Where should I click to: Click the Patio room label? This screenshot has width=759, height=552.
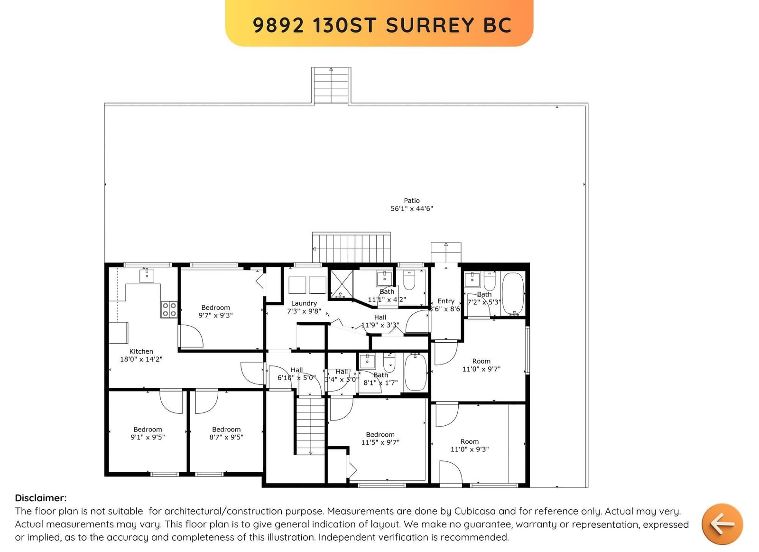pos(412,201)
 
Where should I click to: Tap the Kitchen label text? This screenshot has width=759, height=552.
pos(141,352)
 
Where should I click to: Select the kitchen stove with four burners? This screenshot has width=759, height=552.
pos(169,309)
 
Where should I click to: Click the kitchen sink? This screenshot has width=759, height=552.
pos(147,275)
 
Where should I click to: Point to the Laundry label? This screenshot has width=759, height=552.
pos(304,303)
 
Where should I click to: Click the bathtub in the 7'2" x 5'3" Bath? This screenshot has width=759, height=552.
pos(513,294)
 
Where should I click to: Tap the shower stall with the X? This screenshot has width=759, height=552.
pos(342,284)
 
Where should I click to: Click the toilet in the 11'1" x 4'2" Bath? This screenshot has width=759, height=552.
pos(409,280)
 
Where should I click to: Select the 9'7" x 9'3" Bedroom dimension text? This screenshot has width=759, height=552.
pos(215,315)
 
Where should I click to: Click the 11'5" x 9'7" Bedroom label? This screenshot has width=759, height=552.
pos(380,439)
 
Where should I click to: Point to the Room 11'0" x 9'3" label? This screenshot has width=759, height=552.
pos(470,446)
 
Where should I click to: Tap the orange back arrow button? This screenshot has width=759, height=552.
pos(722,524)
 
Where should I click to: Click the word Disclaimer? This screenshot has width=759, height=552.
pos(41,498)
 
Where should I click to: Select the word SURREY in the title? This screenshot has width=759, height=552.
pos(430,25)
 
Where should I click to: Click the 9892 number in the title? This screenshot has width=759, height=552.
pos(278,25)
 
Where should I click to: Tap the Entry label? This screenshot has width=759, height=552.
pos(446,301)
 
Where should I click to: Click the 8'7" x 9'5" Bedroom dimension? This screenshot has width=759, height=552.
pos(226,438)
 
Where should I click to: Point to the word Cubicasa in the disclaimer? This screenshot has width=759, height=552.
pos(477,511)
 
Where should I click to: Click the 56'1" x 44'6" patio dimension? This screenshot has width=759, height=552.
pos(412,209)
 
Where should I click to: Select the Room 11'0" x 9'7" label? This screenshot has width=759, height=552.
pos(481,365)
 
